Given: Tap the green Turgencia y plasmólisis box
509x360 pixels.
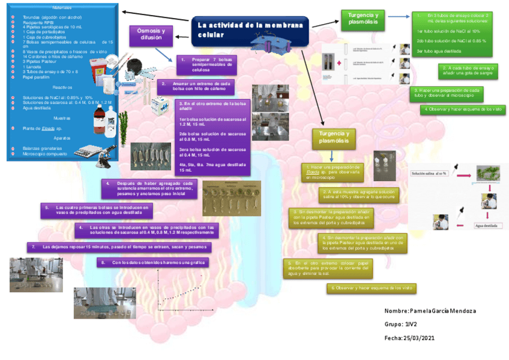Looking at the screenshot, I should click(x=363, y=20).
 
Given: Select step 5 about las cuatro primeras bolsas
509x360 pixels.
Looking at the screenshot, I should click(x=96, y=209).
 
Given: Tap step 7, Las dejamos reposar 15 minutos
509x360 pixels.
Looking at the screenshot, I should click(x=119, y=247).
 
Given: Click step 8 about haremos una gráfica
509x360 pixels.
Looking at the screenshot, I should click(x=152, y=262).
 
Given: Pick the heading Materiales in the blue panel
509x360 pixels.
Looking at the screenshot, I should click(x=62, y=8).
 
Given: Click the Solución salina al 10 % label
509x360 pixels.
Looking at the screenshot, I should click(x=429, y=173).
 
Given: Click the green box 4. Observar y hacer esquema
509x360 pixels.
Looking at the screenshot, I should click(x=462, y=109).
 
